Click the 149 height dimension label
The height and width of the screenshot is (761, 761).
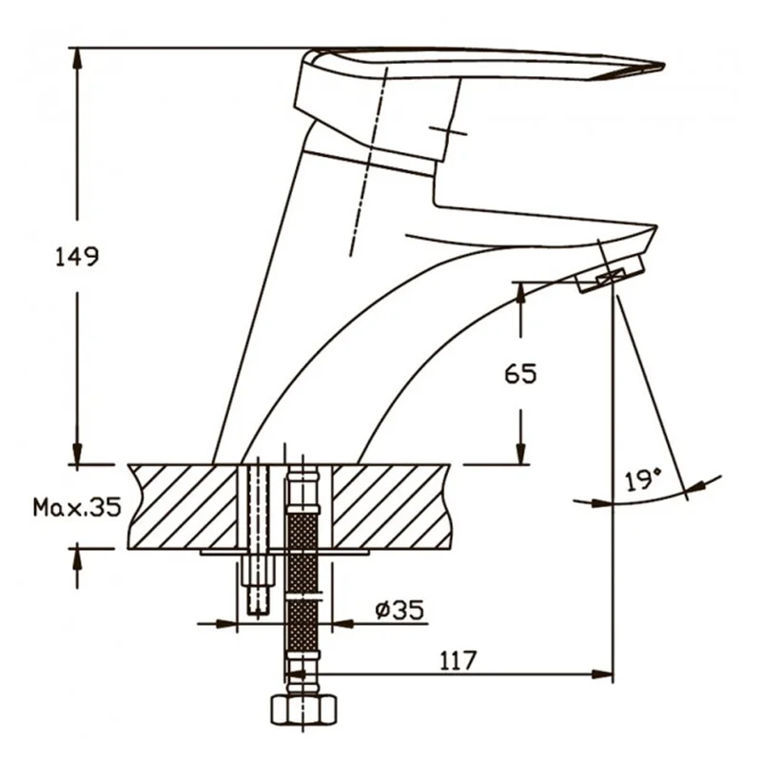[77, 257]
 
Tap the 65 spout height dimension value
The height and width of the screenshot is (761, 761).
[520, 374]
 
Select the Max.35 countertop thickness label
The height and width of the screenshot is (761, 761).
[77, 508]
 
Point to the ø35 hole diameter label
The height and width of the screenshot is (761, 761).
[400, 610]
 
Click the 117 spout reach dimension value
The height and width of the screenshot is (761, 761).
[459, 660]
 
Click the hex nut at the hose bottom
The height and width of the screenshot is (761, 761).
[303, 710]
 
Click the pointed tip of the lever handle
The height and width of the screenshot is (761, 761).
[663, 65]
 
